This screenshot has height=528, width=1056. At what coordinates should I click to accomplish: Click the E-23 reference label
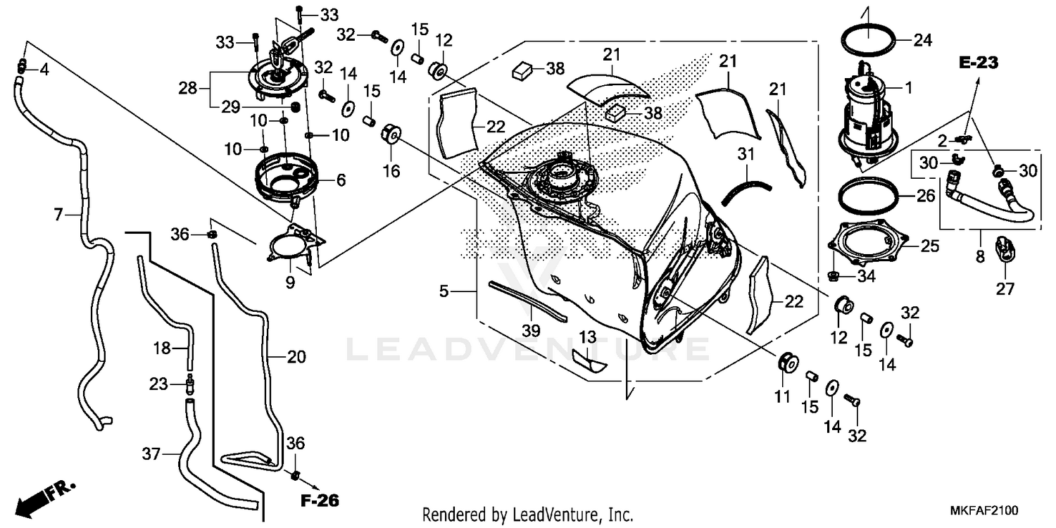pyautogui.click(x=979, y=63)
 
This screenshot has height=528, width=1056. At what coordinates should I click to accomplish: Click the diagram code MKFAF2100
pyautogui.click(x=986, y=510)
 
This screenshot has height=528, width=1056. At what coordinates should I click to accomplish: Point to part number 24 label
pyautogui.click(x=923, y=41)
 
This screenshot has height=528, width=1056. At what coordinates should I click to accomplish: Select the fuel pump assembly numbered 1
pyautogui.click(x=867, y=113)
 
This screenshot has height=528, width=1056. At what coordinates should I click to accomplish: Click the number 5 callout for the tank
pyautogui.click(x=444, y=291)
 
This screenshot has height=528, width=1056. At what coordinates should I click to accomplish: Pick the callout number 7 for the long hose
pyautogui.click(x=59, y=213)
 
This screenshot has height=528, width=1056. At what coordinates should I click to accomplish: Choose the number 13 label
pyautogui.click(x=588, y=336)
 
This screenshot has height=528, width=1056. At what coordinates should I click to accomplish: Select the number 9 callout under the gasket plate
pyautogui.click(x=290, y=283)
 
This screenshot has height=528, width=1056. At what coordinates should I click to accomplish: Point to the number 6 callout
pyautogui.click(x=341, y=181)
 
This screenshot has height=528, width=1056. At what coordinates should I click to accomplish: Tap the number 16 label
pyautogui.click(x=391, y=170)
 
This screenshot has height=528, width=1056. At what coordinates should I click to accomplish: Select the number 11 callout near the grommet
pyautogui.click(x=782, y=397)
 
